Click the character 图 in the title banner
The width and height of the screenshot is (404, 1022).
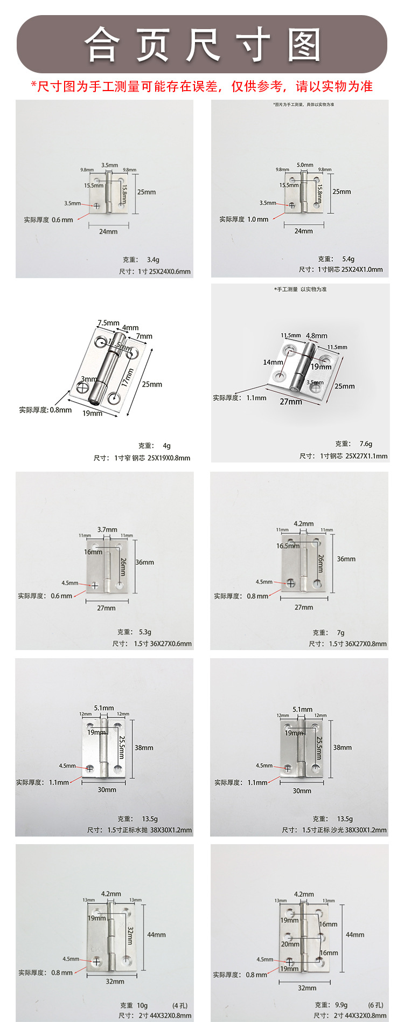click(304, 45)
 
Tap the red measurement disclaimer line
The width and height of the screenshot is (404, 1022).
click(201, 86)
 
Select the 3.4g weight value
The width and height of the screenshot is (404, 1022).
click(153, 260)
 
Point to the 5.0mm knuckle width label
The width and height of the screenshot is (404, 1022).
click(305, 165)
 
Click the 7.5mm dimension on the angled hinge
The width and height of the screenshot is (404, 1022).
click(108, 323)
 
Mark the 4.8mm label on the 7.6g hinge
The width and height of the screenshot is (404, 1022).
click(317, 335)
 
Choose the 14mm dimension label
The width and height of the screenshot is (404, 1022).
click(273, 362)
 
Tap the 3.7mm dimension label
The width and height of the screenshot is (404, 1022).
click(107, 529)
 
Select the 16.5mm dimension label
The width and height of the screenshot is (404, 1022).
click(288, 545)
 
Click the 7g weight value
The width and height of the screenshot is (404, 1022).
click(340, 632)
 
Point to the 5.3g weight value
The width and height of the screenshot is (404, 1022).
click(145, 632)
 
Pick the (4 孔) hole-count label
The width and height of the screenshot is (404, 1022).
click(180, 1005)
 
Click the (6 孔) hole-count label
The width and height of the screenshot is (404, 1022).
click(376, 1005)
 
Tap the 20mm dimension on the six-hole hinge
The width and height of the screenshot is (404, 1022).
click(290, 944)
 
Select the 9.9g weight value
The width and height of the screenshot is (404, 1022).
click(341, 1005)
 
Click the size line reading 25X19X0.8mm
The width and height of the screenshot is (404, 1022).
click(142, 458)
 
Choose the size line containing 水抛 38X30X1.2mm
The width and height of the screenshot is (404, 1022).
click(140, 830)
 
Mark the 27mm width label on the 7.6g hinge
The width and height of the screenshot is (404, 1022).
click(291, 402)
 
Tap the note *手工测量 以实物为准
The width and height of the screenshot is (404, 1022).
click(300, 289)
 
